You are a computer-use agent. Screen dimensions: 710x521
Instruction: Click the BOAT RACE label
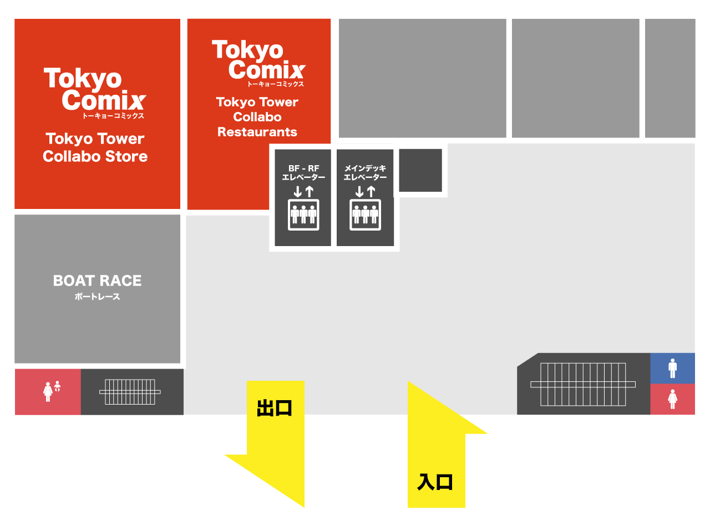pos(97,281)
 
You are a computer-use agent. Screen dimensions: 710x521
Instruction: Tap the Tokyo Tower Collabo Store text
pos(95,147)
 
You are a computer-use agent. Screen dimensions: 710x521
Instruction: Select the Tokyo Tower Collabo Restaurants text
pos(257,117)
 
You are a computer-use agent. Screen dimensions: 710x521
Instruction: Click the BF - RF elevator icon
pos(303,215)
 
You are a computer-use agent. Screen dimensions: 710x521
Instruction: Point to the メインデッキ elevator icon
pos(365,215)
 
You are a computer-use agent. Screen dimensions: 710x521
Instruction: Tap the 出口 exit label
pos(274,408)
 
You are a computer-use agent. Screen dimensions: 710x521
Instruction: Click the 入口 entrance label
pos(435,483)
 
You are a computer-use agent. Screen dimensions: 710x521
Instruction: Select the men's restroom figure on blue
pos(673,369)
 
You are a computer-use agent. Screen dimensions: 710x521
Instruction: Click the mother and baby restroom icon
pos(52,391)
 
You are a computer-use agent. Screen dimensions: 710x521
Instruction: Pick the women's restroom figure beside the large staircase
pos(673,400)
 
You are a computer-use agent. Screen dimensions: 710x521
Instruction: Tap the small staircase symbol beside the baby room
pos(130,392)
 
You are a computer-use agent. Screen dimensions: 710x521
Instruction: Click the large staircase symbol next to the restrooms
pos(583,385)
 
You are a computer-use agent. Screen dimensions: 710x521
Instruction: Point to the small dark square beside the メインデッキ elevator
pos(420,170)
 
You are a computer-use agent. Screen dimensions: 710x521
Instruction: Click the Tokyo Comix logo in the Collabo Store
pos(95,93)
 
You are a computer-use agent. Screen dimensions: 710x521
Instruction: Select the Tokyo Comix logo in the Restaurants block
pos(258,63)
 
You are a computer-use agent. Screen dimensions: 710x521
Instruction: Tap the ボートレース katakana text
pos(97,297)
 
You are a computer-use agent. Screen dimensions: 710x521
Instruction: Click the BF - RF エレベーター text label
pos(303,172)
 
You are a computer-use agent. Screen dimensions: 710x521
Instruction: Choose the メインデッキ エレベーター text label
pos(365,172)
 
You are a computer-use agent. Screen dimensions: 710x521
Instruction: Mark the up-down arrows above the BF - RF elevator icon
pos(303,192)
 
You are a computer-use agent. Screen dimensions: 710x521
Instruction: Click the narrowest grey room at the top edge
pos(670,78)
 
